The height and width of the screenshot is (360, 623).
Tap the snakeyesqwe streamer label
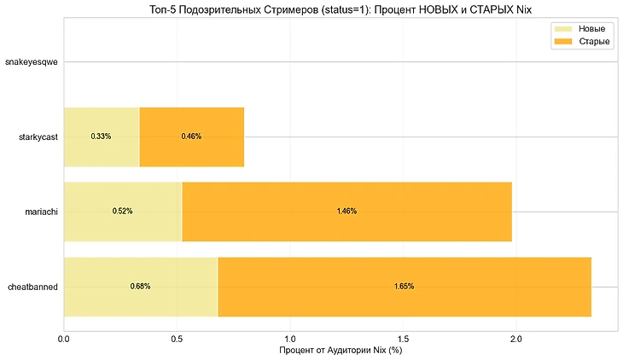32,62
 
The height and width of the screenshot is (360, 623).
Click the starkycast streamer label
38,136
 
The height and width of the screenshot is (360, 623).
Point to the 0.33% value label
101,136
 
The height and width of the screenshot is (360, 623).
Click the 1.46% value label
346,212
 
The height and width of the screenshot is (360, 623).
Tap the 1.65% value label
405,287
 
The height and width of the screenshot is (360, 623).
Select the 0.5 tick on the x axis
177,339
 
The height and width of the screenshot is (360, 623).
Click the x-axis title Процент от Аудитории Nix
340,351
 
